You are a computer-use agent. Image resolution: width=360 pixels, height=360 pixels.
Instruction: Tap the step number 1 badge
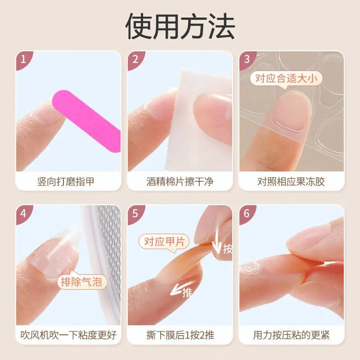pos(24,59)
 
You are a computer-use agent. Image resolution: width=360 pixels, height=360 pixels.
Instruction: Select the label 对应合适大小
pos(287,79)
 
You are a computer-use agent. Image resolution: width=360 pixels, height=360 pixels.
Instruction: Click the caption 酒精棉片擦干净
pos(180,182)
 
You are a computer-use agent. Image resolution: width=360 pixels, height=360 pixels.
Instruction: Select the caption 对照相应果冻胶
pos(291,182)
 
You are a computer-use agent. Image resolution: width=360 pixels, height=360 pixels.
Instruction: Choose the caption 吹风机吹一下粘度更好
pos(69,335)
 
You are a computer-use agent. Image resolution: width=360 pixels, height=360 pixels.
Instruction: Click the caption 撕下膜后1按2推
pos(180,335)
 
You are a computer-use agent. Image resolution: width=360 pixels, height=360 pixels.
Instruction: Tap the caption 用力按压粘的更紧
pos(291,335)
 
